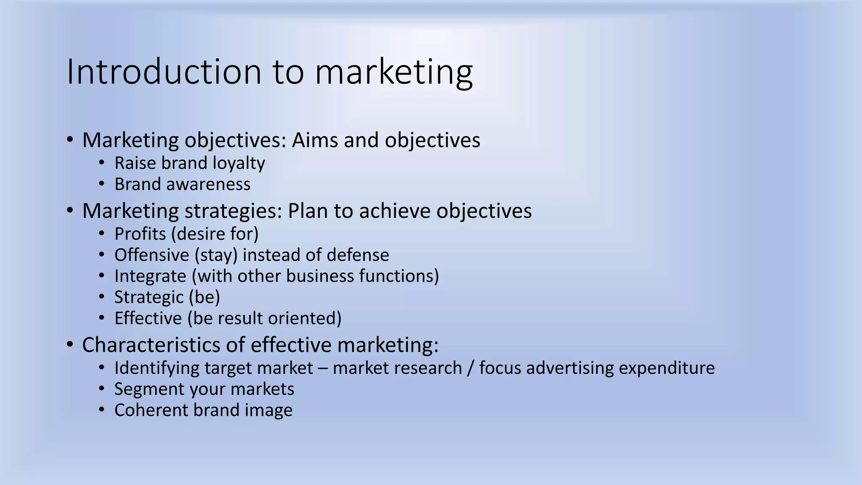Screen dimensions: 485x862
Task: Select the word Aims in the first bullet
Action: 315,140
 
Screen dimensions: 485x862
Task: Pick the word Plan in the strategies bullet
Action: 307,211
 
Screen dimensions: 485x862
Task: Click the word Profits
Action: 140,234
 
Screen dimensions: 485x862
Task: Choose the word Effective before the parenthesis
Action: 148,318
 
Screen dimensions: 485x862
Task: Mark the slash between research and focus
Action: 470,368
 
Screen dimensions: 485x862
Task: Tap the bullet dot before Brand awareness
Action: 101,183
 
